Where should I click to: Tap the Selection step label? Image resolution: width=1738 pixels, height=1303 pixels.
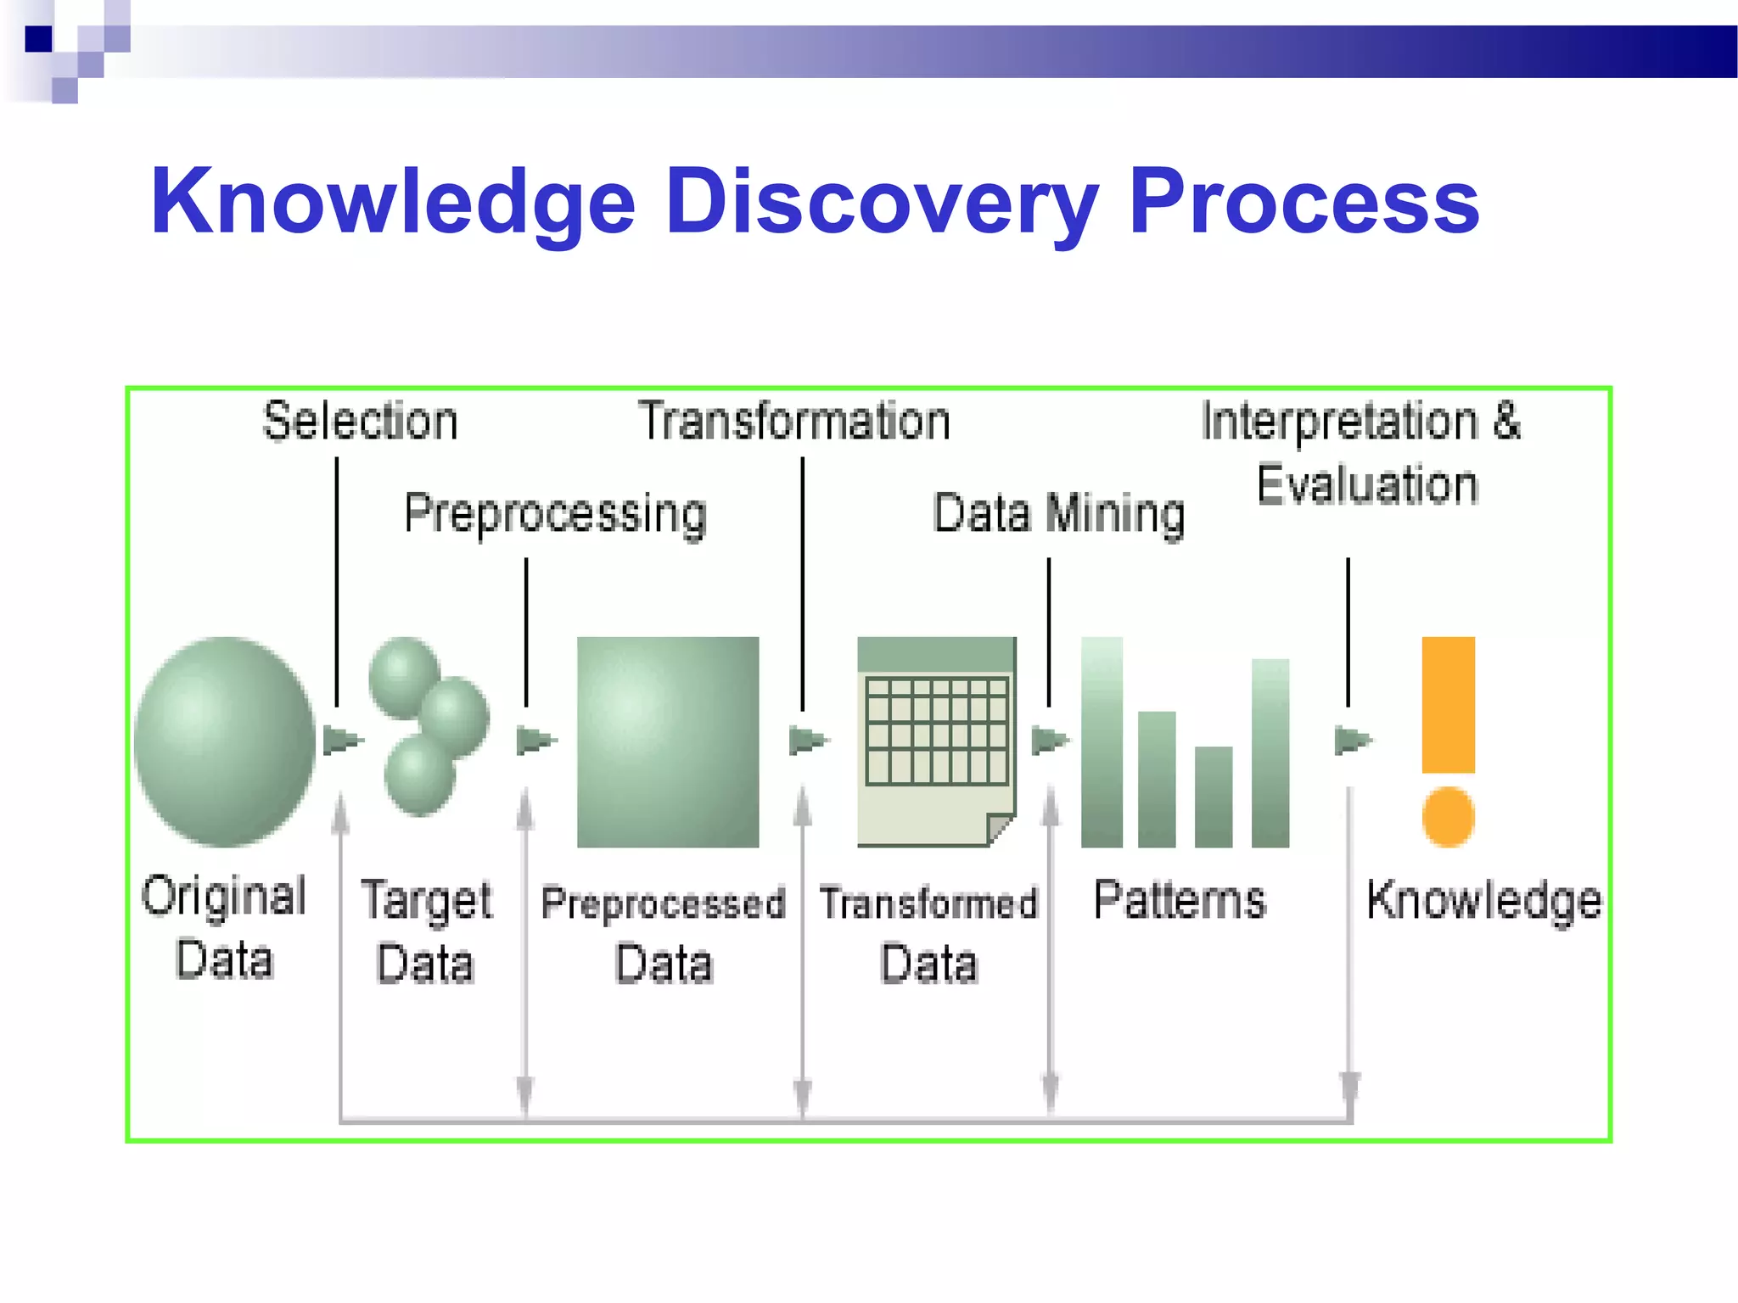tap(361, 421)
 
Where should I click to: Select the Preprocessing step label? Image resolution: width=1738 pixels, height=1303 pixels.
tap(556, 513)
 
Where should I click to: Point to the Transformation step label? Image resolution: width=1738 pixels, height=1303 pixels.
tap(794, 421)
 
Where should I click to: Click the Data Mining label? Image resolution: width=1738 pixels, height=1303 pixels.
tap(1058, 513)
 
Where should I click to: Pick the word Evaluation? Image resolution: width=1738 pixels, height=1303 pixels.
tap(1367, 485)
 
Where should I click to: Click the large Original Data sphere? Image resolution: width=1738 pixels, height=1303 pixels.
tap(225, 741)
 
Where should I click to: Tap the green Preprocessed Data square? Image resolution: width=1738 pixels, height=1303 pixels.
tap(668, 741)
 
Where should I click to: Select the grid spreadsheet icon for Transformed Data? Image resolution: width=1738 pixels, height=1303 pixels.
tap(937, 730)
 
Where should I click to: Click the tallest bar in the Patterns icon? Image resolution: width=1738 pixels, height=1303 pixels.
tap(1102, 741)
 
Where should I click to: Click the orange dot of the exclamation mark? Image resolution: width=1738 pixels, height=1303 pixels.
tap(1448, 816)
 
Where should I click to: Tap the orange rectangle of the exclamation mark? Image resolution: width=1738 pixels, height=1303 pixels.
tap(1448, 704)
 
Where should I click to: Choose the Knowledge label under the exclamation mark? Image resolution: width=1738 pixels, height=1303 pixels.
tap(1483, 900)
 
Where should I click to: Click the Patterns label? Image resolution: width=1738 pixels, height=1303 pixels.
tap(1180, 900)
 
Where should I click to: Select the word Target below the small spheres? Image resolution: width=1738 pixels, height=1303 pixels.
tap(426, 901)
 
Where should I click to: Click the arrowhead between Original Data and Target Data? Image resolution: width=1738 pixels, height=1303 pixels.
tap(342, 741)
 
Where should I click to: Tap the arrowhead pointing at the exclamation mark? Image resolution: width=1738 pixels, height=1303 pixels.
tap(1352, 741)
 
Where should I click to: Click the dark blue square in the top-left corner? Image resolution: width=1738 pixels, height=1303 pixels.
tap(38, 39)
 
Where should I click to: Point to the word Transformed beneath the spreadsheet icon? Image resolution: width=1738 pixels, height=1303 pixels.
tap(928, 903)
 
